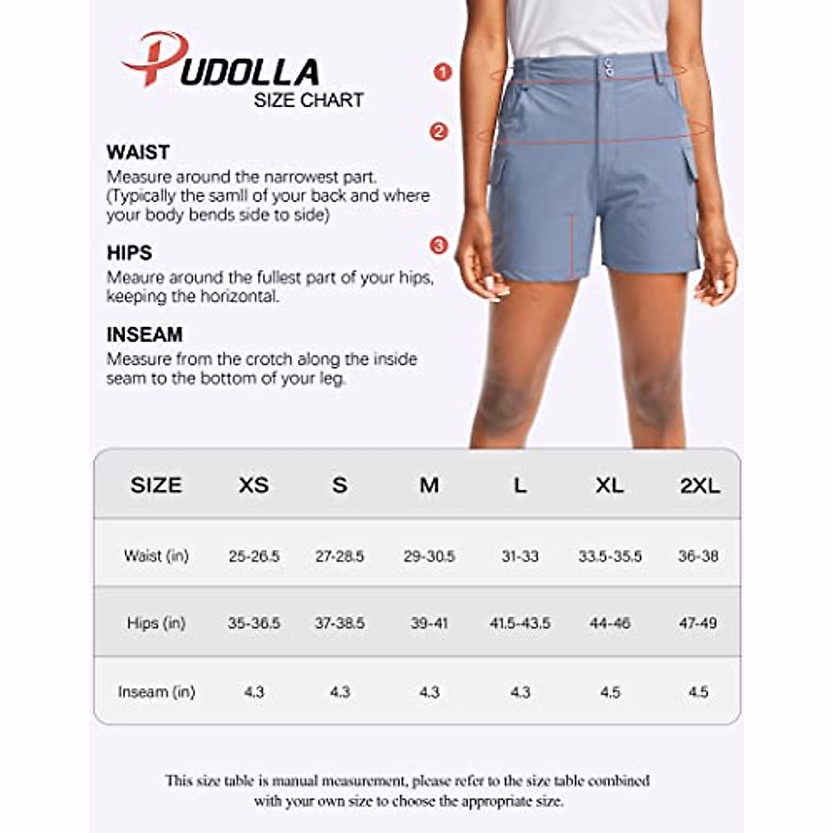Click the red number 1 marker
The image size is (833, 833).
coord(442,71)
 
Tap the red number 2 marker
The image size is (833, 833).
coord(439,131)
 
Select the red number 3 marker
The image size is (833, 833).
coord(439,245)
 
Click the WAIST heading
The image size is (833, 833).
coord(138,152)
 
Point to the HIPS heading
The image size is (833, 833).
coord(129,253)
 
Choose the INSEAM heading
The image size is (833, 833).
coord(144,335)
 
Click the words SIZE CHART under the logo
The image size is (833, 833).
coord(308,100)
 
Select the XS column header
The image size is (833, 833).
coord(253,485)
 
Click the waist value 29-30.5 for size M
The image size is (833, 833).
coord(429,556)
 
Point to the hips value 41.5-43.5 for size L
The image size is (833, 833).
coord(520,623)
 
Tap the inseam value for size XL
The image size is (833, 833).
coord(609,692)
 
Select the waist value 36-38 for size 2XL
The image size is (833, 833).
coord(698,556)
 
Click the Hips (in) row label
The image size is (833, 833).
coord(156,623)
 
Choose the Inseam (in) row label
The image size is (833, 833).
coord(156,692)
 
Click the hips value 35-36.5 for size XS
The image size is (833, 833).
coord(254,623)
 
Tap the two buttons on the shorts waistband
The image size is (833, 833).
coord(608,67)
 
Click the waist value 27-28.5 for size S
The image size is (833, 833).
coord(339,556)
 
